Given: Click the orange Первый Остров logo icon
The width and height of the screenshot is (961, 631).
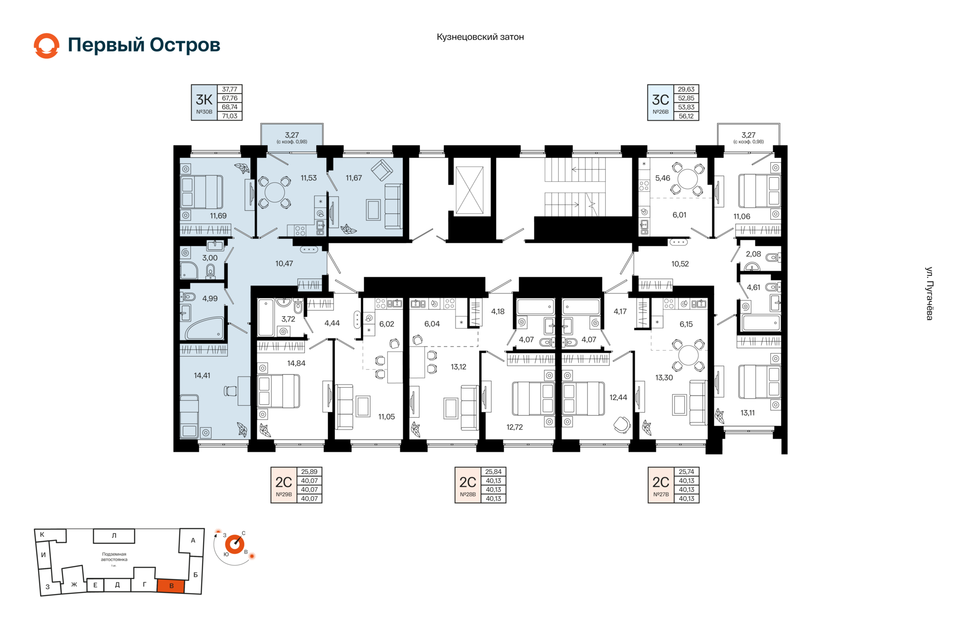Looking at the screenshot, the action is point(47,46).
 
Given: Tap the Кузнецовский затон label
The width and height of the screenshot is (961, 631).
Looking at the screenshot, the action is point(480,37).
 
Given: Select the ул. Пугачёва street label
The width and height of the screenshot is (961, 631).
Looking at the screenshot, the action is point(929,293).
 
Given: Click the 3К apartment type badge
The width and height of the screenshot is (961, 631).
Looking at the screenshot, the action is point(204,103).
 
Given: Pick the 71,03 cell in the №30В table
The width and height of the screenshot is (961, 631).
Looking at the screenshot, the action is point(230,116).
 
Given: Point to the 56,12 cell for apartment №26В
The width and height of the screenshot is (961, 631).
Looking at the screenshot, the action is point(686,116).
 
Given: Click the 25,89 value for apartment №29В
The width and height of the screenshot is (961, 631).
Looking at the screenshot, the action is point(309,472).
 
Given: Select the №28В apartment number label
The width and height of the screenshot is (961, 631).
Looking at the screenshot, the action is point(468,494).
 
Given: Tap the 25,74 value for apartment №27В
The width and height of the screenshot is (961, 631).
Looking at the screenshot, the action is point(686,472).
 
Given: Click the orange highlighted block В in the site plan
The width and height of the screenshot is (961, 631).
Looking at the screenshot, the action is point(171,586).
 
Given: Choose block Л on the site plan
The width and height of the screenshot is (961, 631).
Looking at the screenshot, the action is point(114,536).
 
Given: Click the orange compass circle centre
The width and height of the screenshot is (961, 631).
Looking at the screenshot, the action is point(234,544).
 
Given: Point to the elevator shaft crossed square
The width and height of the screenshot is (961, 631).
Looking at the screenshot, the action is point(469,190).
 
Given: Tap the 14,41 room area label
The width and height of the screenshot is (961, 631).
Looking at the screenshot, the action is point(202,376).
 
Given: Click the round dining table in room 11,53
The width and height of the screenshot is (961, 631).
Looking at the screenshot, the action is point(274,192).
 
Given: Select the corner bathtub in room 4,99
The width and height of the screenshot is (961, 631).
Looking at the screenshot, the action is point(204,328).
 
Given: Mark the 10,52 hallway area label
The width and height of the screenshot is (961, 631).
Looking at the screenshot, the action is point(680,264).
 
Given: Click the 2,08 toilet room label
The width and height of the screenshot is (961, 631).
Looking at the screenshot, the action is point(753,254).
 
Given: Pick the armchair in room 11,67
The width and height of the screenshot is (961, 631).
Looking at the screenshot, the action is point(382,170).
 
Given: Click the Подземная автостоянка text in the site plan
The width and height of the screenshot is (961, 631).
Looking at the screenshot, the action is point(114,557).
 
